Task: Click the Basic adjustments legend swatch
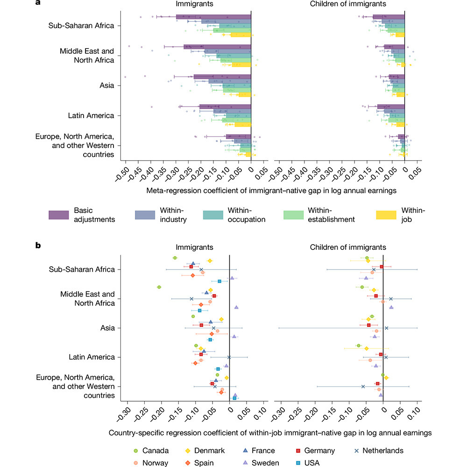(x=59, y=215)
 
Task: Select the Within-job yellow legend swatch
(x=386, y=215)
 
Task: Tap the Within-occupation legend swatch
(x=213, y=215)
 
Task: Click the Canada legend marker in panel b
(x=136, y=451)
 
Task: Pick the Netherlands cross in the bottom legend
(x=356, y=451)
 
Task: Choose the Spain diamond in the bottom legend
(x=188, y=463)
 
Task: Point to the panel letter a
(x=38, y=3)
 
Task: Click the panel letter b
(x=38, y=245)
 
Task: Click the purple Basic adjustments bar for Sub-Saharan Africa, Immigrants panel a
(x=213, y=17)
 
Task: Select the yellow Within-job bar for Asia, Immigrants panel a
(x=245, y=95)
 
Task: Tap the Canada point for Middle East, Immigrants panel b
(x=159, y=287)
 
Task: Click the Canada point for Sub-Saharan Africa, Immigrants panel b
(x=175, y=258)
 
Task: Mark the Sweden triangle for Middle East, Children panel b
(x=391, y=307)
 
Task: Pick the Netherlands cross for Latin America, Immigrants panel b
(x=229, y=357)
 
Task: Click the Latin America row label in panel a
(x=91, y=115)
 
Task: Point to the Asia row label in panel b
(x=107, y=328)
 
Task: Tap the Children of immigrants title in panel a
(x=348, y=4)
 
